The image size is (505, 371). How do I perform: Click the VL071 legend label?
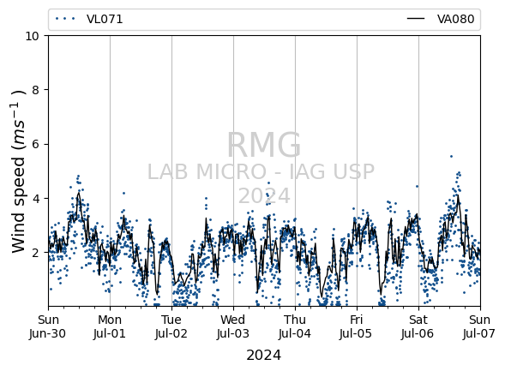pos(105,20)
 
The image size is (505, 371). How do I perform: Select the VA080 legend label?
pos(455,20)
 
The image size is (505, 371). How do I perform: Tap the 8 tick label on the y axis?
pos(35,90)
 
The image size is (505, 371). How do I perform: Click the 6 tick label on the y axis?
pos(35,144)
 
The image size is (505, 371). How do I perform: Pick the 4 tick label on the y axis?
pos(35,198)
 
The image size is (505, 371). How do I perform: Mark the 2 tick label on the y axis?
pos(35,253)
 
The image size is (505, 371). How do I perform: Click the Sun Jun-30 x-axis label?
pos(48,326)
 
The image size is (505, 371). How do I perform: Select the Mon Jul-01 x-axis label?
pos(110,326)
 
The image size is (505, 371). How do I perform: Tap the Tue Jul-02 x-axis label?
pos(171,326)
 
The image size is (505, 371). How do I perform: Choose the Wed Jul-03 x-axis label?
pos(233,326)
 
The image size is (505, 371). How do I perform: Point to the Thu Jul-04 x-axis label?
pos(295,326)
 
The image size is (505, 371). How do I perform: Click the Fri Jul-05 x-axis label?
pos(357,326)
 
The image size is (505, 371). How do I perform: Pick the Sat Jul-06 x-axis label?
pos(418,326)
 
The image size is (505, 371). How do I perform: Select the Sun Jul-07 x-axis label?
pos(480,326)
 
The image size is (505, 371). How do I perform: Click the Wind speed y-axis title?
pos(19,171)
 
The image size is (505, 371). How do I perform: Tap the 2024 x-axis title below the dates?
pos(264,356)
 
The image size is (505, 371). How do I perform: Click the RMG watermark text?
pos(264,145)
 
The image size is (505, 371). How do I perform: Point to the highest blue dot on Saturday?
pos(451,157)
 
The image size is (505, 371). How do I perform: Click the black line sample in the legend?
pos(416,19)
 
